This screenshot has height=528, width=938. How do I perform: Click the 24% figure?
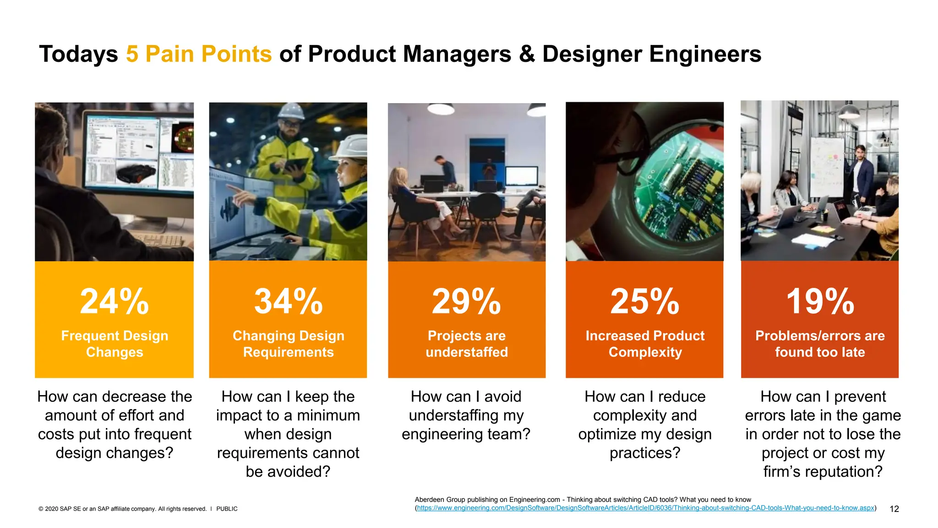coord(115,302)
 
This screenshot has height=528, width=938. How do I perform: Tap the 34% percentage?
coord(289,302)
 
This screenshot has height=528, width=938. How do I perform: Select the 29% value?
coord(466,302)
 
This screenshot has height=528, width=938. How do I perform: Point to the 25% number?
coord(644,302)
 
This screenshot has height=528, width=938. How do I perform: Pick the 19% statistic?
coord(820,302)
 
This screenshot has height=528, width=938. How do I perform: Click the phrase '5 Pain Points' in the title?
coord(199,54)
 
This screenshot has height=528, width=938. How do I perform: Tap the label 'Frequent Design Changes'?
coord(115,344)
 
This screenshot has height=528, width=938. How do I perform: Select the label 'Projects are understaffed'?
coord(466,344)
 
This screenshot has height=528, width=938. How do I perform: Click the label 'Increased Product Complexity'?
coord(644,344)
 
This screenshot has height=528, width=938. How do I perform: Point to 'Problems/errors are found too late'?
coord(820,344)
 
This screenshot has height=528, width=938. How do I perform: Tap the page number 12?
coord(894,509)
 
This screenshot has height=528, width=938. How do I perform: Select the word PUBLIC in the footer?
coord(227,509)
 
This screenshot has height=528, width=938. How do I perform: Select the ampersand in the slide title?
coord(527,54)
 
